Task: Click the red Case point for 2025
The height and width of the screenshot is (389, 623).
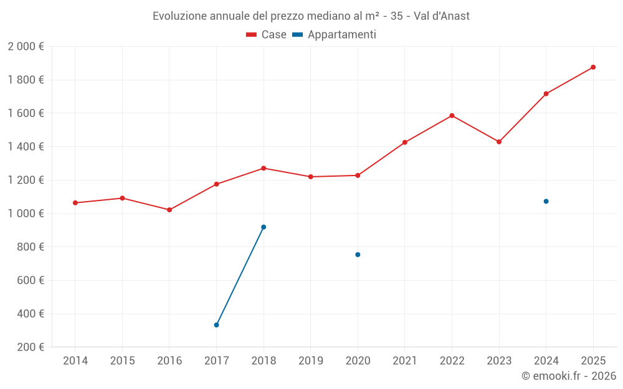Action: (x=593, y=67)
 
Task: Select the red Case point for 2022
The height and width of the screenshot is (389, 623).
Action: (x=452, y=116)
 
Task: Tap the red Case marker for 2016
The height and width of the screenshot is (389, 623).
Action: (x=169, y=210)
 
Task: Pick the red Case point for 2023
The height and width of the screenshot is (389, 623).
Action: (x=499, y=142)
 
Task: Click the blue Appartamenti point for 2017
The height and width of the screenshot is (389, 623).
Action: (x=216, y=325)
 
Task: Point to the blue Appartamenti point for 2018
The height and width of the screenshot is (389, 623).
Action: (x=264, y=227)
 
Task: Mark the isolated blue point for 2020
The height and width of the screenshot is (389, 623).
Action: (x=358, y=255)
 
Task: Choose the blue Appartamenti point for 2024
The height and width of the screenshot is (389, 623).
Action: (x=546, y=201)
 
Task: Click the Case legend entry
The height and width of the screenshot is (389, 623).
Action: (x=267, y=35)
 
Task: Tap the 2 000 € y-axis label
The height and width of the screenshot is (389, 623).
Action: (x=26, y=47)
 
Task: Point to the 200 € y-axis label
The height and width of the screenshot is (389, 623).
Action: (x=30, y=347)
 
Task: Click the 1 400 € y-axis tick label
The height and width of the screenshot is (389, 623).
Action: (x=26, y=147)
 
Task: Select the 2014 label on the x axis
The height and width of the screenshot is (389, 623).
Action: (x=75, y=361)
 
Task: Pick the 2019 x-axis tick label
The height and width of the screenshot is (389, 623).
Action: (x=311, y=361)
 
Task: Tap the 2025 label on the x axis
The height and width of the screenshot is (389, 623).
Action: (x=593, y=361)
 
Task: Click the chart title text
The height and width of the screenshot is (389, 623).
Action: (x=311, y=16)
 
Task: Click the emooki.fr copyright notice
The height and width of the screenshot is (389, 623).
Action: (x=568, y=376)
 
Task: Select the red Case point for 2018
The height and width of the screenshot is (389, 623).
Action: (x=264, y=168)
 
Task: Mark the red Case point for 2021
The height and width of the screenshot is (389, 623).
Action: (x=405, y=143)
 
